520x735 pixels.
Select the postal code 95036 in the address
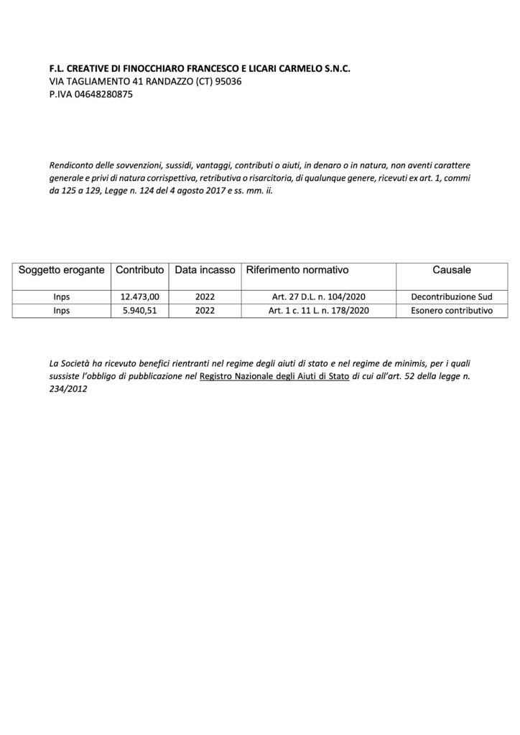tap(230, 81)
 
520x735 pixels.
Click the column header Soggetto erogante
tap(62, 271)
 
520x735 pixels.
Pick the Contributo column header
tap(141, 271)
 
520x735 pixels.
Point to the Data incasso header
tap(205, 271)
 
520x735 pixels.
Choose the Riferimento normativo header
tap(297, 271)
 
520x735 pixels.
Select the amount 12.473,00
tap(141, 296)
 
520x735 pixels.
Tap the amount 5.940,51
tap(141, 311)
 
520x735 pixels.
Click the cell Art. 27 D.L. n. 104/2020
tap(320, 296)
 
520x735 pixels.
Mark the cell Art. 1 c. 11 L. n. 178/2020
tap(320, 311)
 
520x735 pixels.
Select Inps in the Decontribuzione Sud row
tap(62, 296)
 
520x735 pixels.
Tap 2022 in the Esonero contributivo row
tap(205, 311)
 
